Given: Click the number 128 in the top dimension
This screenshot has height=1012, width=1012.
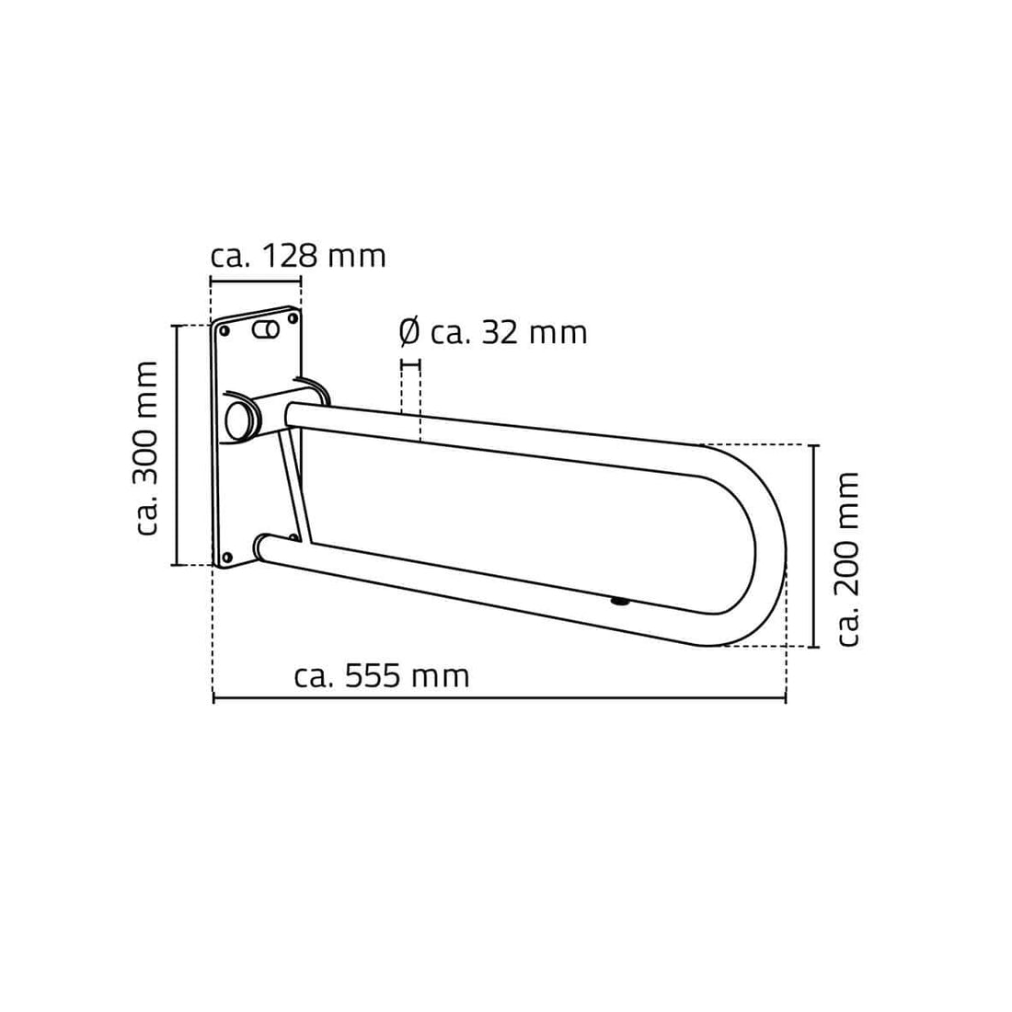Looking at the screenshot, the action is [290, 257].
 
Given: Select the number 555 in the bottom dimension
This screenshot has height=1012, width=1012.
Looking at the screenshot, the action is [373, 676].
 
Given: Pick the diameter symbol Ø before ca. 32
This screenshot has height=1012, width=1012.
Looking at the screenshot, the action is [409, 333].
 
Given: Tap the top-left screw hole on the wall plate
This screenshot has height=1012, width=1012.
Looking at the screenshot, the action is [224, 331].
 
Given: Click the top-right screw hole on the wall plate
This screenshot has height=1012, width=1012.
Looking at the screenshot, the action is [293, 318].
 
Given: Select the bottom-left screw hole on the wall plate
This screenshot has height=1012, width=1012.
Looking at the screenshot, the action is [226, 557].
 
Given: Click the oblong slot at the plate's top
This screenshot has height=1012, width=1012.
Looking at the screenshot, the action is [265, 329].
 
